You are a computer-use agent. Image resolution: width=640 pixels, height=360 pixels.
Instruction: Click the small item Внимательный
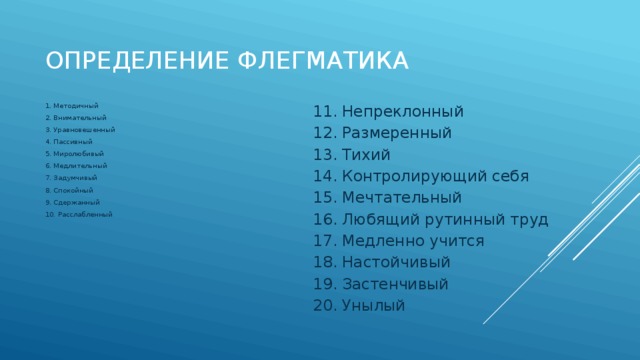click(78, 118)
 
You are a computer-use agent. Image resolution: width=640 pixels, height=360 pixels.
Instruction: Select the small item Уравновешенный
click(83, 130)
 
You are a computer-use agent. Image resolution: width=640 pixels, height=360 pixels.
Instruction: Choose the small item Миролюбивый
click(77, 154)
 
